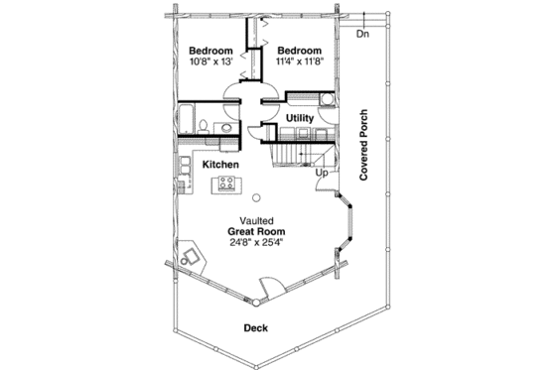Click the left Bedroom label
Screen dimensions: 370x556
point(210,51)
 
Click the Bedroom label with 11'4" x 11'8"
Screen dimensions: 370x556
point(299,51)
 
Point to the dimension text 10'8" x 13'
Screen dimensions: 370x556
point(210,62)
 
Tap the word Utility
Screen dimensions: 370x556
point(300,119)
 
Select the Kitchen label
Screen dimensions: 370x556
point(220,164)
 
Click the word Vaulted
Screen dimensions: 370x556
point(257,219)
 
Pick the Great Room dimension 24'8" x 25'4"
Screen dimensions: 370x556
point(257,242)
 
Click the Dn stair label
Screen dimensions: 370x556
point(362,35)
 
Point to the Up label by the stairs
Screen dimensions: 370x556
point(322,174)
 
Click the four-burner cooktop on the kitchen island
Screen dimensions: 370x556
point(227,183)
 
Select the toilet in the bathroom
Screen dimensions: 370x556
point(202,126)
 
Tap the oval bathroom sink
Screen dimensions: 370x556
point(224,127)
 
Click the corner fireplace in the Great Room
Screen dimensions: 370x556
point(192,254)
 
